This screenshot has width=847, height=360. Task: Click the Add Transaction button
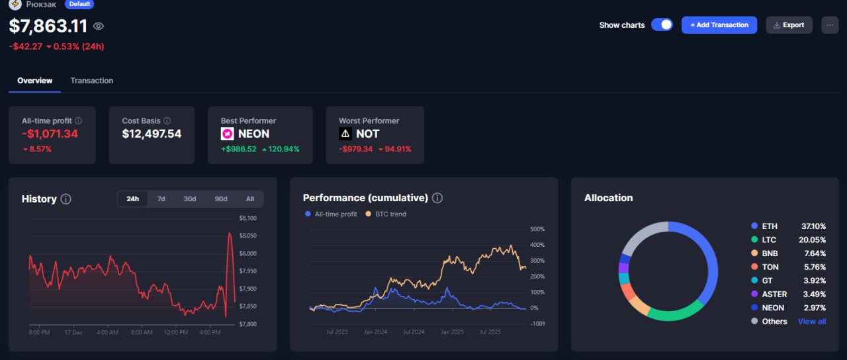click(x=719, y=25)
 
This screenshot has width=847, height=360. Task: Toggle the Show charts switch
click(x=662, y=25)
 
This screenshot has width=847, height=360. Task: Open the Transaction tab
click(x=91, y=81)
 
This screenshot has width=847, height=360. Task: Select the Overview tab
click(x=35, y=81)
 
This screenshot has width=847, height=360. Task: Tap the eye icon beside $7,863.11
click(x=99, y=26)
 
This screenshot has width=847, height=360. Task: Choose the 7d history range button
click(x=161, y=199)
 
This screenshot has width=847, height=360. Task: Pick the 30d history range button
click(x=190, y=199)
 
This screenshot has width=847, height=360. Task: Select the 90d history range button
click(x=220, y=199)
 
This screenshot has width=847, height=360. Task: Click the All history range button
click(x=249, y=199)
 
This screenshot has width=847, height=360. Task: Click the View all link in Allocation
click(x=811, y=322)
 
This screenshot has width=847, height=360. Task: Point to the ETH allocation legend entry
click(x=770, y=226)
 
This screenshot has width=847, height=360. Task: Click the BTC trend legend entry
click(x=390, y=214)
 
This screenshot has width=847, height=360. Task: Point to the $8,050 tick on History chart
click(x=248, y=236)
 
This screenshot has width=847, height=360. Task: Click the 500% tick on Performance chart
click(x=537, y=230)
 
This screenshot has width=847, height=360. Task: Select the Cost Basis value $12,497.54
click(x=152, y=134)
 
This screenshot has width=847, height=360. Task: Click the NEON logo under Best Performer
click(x=227, y=134)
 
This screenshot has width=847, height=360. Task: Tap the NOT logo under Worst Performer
click(x=345, y=134)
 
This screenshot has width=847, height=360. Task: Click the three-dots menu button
click(x=830, y=25)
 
